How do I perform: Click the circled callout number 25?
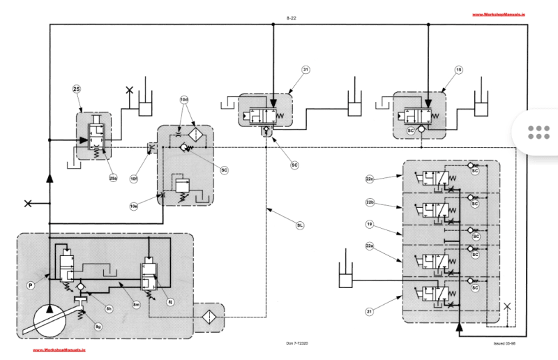pos(77,89)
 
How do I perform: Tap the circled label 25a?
pos(112,178)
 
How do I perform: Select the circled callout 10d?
pos(184,100)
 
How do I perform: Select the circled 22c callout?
pos(370,179)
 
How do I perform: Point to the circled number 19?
pos(370,224)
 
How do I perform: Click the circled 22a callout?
pos(370,246)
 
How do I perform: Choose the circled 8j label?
pos(169,301)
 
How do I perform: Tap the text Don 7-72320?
pos(300,343)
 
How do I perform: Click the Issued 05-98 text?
pos(504,343)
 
